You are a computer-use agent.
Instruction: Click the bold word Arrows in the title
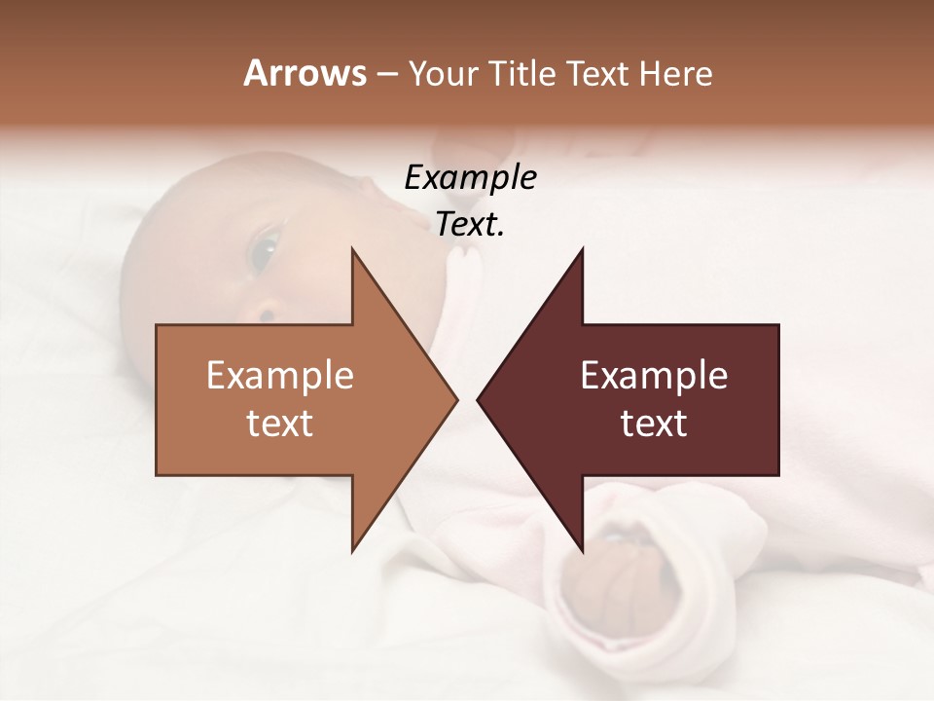pos(305,73)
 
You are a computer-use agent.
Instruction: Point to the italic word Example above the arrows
pos(470,178)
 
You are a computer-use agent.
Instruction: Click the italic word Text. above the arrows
pos(470,225)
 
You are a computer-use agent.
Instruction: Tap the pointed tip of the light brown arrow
pos(454,399)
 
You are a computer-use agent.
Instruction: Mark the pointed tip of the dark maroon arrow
pos(480,399)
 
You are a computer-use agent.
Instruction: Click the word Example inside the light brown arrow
pos(279,376)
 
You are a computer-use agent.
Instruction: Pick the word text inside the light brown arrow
pos(279,424)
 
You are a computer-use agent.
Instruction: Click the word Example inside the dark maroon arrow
pos(654,376)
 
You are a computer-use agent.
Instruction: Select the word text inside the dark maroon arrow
pos(654,424)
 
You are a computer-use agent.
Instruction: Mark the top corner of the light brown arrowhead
pos(352,249)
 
